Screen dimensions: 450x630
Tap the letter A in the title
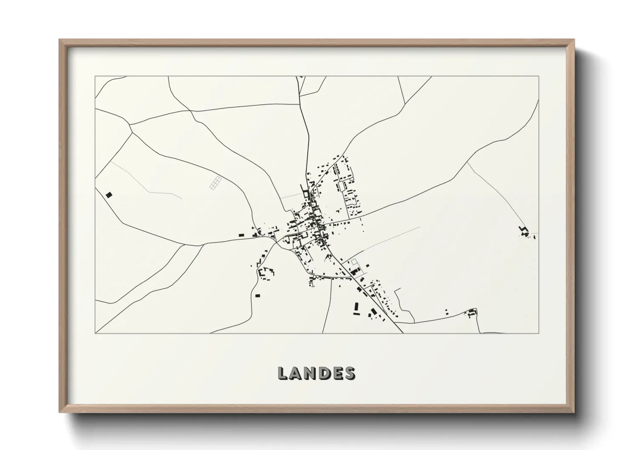pyautogui.click(x=298, y=373)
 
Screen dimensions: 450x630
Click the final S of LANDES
pyautogui.click(x=350, y=373)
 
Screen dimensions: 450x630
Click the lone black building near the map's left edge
pyautogui.click(x=109, y=195)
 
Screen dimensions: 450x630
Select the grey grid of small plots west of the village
pyautogui.click(x=216, y=182)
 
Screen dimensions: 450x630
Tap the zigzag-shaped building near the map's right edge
pyautogui.click(x=524, y=231)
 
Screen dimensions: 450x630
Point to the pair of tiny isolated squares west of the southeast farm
pyautogui.click(x=447, y=311)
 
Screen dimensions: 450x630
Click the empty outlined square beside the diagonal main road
pyautogui.click(x=354, y=263)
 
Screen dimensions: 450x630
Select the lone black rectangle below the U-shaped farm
pyautogui.click(x=257, y=295)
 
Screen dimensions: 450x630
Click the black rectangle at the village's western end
pyautogui.click(x=241, y=234)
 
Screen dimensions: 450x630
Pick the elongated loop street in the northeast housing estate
pyautogui.click(x=342, y=186)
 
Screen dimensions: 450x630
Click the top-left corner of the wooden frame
pyautogui.click(x=60, y=40)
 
